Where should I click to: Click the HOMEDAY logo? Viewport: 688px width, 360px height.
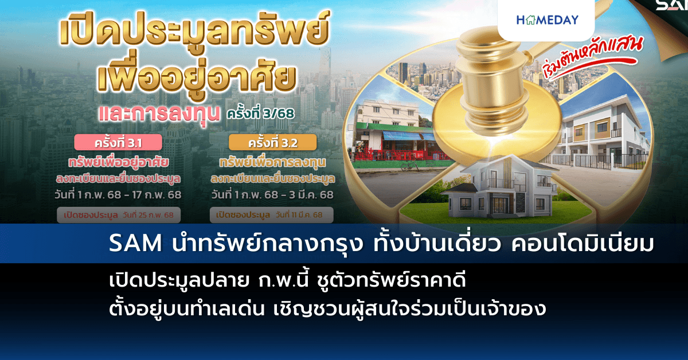pyautogui.click(x=547, y=20)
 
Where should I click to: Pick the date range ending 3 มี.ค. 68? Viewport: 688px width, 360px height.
pyautogui.click(x=272, y=195)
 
